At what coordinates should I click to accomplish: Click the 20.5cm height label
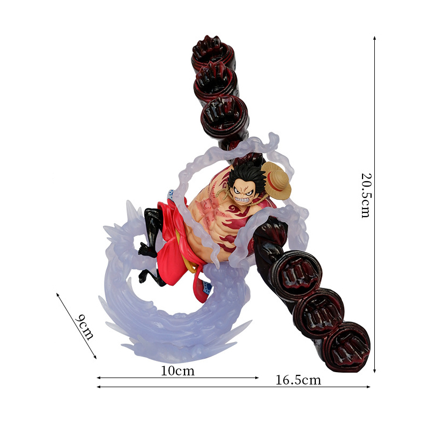(x=366, y=195)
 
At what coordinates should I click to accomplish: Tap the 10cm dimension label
(x=177, y=371)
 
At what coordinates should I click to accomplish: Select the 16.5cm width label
(x=298, y=380)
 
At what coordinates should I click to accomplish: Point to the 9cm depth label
(x=84, y=327)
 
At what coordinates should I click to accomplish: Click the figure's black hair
(x=246, y=175)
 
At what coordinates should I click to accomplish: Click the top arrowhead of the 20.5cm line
(x=374, y=38)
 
